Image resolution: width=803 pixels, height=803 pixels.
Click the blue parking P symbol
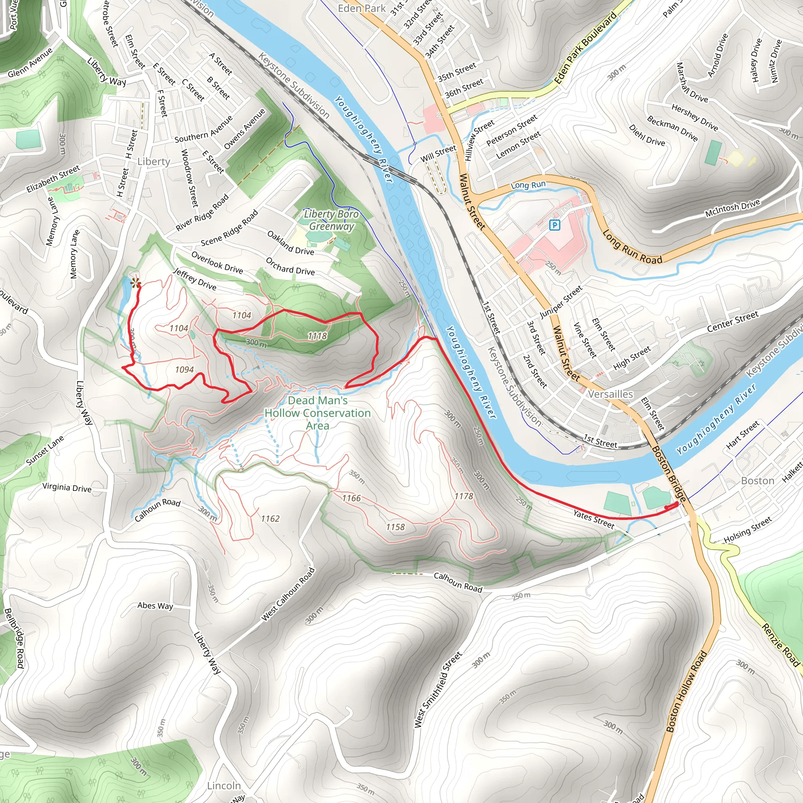pos(554,225)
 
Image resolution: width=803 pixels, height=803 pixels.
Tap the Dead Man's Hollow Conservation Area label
pos(318,413)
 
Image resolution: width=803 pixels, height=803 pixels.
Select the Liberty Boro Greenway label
pos(331,220)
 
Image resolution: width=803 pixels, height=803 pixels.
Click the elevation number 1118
pos(317,336)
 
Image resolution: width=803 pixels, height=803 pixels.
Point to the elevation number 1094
pos(185,369)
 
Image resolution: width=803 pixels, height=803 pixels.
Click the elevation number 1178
pos(463,496)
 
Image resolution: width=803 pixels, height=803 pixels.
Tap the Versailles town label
pos(610,394)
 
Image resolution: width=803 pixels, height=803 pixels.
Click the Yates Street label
pos(594,519)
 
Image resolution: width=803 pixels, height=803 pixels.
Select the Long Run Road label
pos(632,248)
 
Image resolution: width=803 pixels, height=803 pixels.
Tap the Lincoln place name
pos(224,785)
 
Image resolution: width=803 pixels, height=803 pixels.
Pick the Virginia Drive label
pos(67,487)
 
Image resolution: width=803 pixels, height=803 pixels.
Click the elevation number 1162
pos(270,519)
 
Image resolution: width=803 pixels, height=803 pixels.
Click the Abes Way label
pos(155,605)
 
